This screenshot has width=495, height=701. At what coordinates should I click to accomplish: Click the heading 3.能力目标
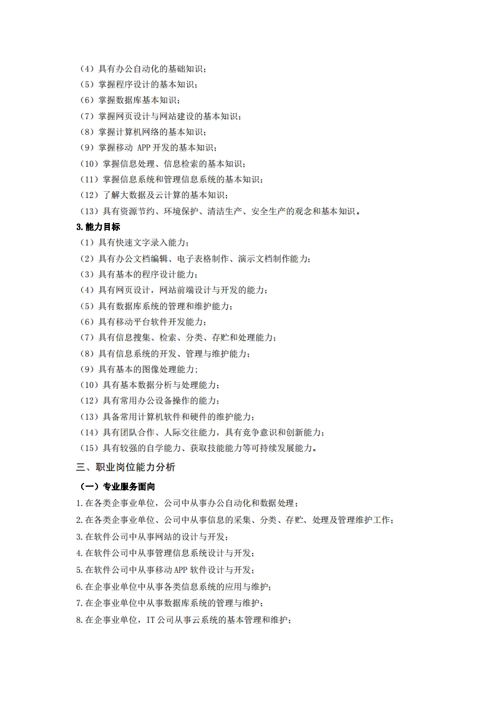98,227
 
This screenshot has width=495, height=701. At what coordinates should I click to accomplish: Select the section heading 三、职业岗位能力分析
125,467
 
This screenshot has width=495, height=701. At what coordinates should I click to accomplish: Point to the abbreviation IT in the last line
150,620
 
